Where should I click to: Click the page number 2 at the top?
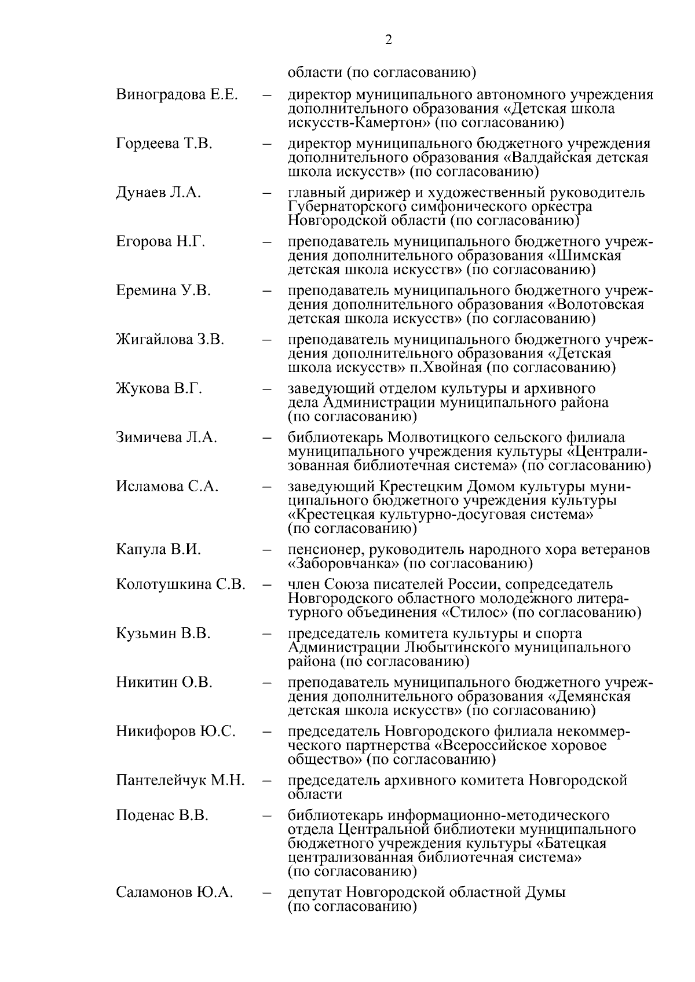pyautogui.click(x=388, y=40)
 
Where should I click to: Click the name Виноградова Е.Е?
pyautogui.click(x=177, y=95)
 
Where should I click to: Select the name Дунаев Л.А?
pyautogui.click(x=158, y=193)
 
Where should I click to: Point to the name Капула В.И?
pyautogui.click(x=158, y=549)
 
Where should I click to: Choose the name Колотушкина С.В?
pyautogui.click(x=181, y=584)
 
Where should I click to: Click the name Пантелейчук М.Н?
pyautogui.click(x=180, y=780)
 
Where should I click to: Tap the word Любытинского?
pyautogui.click(x=462, y=648)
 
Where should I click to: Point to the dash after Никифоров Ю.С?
pyautogui.click(x=267, y=732)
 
